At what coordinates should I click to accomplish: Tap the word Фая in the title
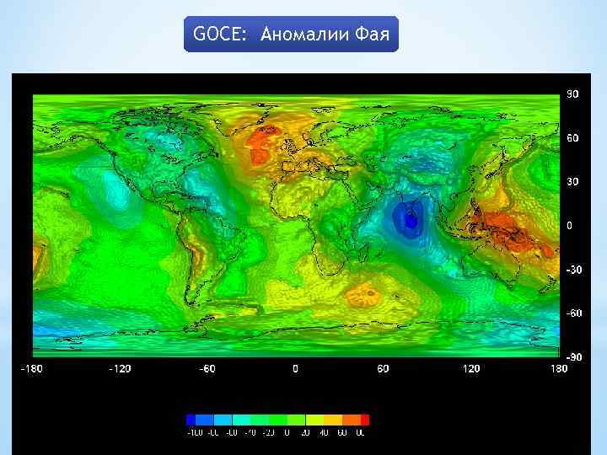(x=373, y=35)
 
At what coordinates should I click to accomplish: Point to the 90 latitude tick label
(x=572, y=94)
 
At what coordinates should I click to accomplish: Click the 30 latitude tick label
(x=572, y=182)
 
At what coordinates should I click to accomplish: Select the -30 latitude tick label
(x=572, y=270)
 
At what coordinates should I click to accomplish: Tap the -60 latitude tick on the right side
(x=572, y=313)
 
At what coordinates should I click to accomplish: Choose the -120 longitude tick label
(x=121, y=368)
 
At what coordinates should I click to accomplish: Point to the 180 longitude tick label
(x=560, y=368)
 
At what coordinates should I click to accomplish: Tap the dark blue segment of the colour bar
(x=191, y=419)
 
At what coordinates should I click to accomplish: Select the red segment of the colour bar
(x=364, y=419)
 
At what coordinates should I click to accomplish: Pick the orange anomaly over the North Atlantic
(x=263, y=145)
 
